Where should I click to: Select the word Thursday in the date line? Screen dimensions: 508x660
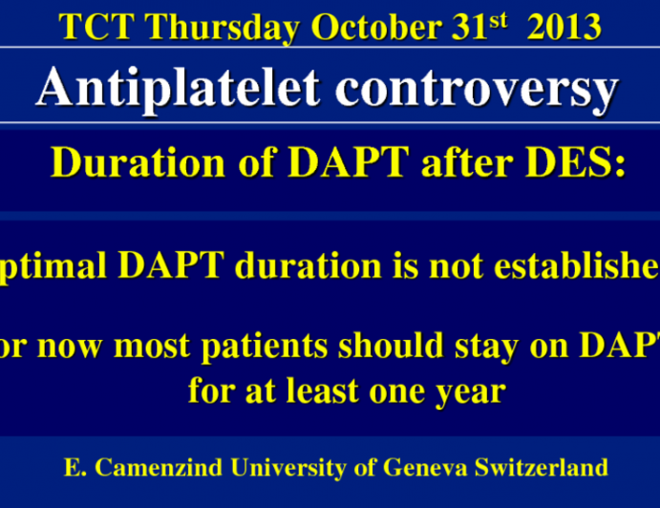click(216, 28)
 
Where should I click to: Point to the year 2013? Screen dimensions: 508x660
click(564, 28)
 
